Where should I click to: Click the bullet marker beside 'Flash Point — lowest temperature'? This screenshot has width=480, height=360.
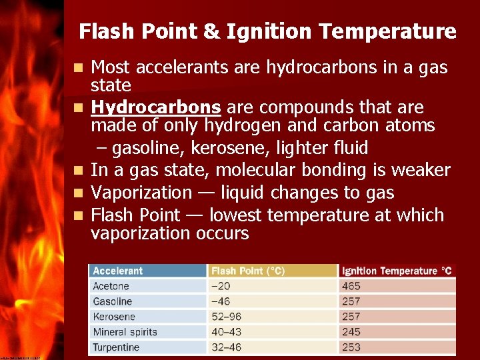tap(79, 216)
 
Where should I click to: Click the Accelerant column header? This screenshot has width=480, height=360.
tap(118, 271)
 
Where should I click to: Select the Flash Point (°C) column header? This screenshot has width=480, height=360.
tap(247, 271)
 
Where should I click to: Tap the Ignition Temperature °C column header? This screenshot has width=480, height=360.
tap(396, 271)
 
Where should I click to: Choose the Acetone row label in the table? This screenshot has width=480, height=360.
tap(111, 286)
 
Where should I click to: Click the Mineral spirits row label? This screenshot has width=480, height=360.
tap(125, 332)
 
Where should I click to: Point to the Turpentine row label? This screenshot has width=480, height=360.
tap(116, 347)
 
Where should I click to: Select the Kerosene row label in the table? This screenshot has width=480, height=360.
tap(114, 317)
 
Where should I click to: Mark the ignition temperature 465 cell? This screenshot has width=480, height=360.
tap(351, 286)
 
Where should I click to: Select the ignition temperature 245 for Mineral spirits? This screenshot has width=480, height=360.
tap(351, 332)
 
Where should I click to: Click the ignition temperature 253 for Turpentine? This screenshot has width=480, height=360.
tap(351, 347)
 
